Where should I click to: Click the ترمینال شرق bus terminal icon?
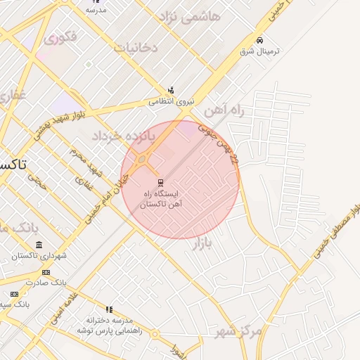(x=260, y=41)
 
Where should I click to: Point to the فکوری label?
(x=60, y=37)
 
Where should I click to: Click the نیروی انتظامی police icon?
(x=171, y=90)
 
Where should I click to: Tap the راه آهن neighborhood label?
(x=223, y=111)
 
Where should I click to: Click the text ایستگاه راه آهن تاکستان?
(x=162, y=198)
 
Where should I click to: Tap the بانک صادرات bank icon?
(x=46, y=272)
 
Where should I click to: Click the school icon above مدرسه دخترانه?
(x=109, y=309)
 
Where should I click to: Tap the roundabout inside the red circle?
(x=143, y=161)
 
